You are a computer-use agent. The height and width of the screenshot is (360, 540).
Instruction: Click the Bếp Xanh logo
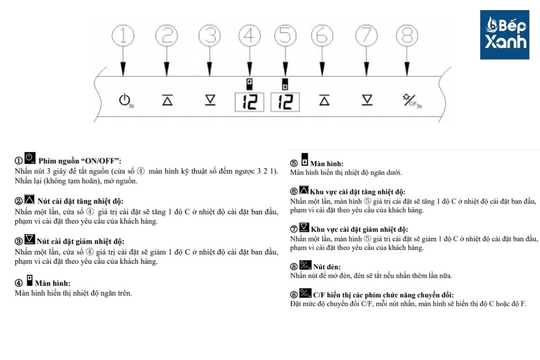click(505, 35)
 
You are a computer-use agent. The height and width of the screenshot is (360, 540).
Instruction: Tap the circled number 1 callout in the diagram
click(123, 36)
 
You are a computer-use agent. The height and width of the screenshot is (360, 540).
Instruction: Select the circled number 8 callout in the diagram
click(407, 36)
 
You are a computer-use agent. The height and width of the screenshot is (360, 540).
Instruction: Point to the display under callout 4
click(249, 102)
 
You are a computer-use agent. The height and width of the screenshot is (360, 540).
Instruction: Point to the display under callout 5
click(285, 102)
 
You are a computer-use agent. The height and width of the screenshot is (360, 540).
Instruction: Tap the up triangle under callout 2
click(167, 100)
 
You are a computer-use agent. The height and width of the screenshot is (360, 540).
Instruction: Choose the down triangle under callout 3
click(210, 100)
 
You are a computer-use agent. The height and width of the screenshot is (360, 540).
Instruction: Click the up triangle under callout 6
click(324, 100)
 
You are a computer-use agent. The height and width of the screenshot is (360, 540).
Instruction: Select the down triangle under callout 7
click(367, 100)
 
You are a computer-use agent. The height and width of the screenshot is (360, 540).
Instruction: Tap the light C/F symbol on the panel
click(412, 101)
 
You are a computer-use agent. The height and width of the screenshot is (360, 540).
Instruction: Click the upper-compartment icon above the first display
click(249, 84)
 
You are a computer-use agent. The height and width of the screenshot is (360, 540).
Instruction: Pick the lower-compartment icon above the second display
click(285, 84)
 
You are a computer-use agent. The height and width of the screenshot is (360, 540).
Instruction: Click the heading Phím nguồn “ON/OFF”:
click(80, 161)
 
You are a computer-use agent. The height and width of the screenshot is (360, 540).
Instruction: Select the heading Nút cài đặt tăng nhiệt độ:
click(80, 201)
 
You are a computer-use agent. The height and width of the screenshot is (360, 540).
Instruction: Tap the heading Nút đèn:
click(327, 267)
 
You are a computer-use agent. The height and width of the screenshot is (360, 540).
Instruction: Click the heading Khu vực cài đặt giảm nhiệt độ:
click(359, 229)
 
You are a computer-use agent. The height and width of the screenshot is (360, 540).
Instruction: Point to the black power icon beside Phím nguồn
click(30, 158)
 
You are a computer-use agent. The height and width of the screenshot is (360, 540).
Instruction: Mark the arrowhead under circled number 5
click(286, 69)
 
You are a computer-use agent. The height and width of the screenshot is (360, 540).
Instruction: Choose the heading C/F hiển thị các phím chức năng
click(383, 295)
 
